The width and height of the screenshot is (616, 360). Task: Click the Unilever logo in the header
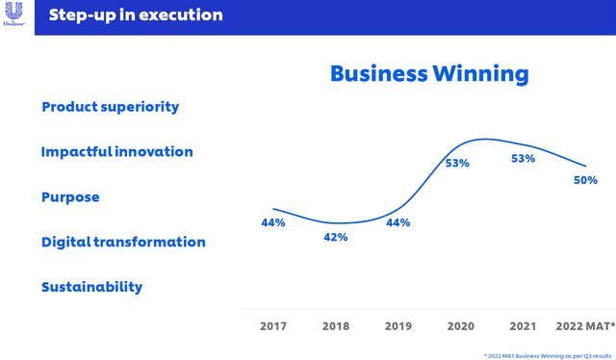click(x=16, y=16)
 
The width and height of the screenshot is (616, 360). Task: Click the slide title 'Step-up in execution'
click(x=135, y=15)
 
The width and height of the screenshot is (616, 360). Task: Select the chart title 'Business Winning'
click(x=429, y=74)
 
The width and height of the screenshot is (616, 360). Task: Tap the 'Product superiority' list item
click(x=110, y=107)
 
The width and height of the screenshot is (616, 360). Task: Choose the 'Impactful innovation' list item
click(x=116, y=152)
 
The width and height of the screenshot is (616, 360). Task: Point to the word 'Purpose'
click(x=70, y=197)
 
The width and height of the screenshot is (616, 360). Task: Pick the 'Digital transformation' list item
click(x=123, y=242)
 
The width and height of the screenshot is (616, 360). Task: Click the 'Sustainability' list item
click(x=91, y=287)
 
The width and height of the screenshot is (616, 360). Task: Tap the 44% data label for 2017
click(x=273, y=223)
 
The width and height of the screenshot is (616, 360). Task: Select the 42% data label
click(x=336, y=238)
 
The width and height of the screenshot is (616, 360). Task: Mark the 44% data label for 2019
click(x=398, y=223)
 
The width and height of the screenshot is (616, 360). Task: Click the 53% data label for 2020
click(x=457, y=164)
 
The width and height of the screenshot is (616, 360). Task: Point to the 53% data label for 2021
click(x=523, y=160)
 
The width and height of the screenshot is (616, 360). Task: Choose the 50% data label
click(x=585, y=180)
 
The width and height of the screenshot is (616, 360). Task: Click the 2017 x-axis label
click(x=273, y=326)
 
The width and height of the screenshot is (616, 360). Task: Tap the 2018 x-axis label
click(x=336, y=326)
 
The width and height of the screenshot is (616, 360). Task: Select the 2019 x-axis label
click(x=398, y=326)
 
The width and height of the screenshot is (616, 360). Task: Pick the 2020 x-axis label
click(x=461, y=326)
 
